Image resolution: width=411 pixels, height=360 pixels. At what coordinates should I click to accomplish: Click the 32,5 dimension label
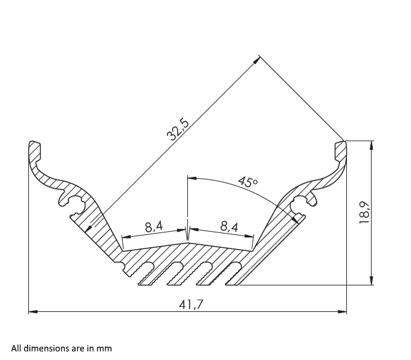(x=177, y=130)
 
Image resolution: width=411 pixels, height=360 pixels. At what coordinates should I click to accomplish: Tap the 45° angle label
(x=248, y=182)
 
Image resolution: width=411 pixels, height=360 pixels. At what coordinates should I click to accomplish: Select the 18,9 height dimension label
(x=364, y=213)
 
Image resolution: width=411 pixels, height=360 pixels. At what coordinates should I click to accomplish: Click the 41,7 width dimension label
(x=191, y=305)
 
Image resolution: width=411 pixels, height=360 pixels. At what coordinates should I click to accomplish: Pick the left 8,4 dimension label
(x=154, y=226)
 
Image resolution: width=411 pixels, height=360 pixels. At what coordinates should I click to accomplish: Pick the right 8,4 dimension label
(x=229, y=226)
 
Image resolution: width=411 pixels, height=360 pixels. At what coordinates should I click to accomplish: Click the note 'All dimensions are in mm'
(x=62, y=348)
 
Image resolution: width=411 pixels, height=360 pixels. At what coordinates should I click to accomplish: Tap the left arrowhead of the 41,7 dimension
(x=33, y=311)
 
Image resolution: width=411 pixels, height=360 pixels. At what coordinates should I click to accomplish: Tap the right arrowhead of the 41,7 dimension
(x=343, y=311)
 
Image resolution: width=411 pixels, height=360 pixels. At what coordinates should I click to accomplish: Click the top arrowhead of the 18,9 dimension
(x=371, y=145)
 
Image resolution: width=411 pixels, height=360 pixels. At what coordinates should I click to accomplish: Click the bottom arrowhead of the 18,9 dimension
(x=371, y=280)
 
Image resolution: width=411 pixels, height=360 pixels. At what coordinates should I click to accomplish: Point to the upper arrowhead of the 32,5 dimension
(x=256, y=59)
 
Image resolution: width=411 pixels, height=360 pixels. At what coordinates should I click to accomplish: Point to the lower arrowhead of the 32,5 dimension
(x=88, y=228)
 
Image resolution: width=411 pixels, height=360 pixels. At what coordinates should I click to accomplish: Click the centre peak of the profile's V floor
(x=187, y=242)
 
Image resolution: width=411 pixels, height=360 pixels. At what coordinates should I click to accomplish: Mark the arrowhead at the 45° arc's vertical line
(x=192, y=178)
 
